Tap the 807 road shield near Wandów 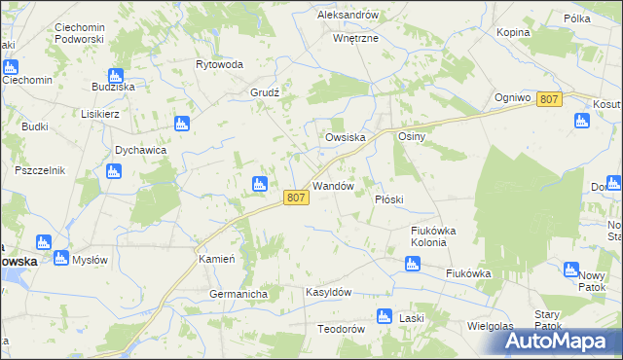(297, 198)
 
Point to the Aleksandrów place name (348, 16)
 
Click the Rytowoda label (219, 64)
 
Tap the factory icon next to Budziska (116, 76)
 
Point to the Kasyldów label (328, 292)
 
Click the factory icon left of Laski (383, 315)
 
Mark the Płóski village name (389, 198)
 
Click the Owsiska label (345, 138)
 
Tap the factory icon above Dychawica (180, 124)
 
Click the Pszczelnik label (40, 170)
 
